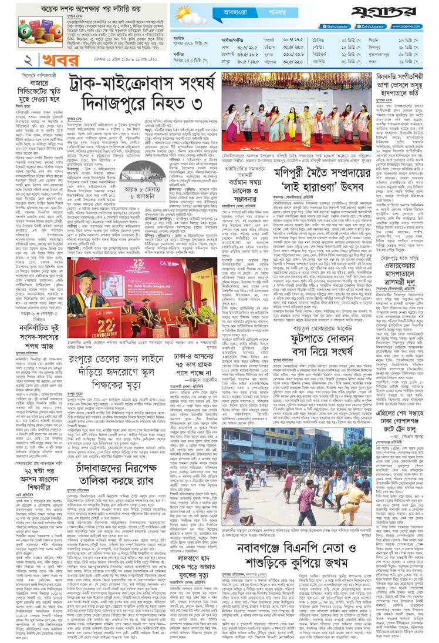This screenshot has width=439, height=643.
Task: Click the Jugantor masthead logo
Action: tap(406, 12)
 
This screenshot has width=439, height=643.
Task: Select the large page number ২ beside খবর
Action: tap(11, 61)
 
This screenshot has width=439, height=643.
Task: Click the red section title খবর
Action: tap(40, 61)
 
